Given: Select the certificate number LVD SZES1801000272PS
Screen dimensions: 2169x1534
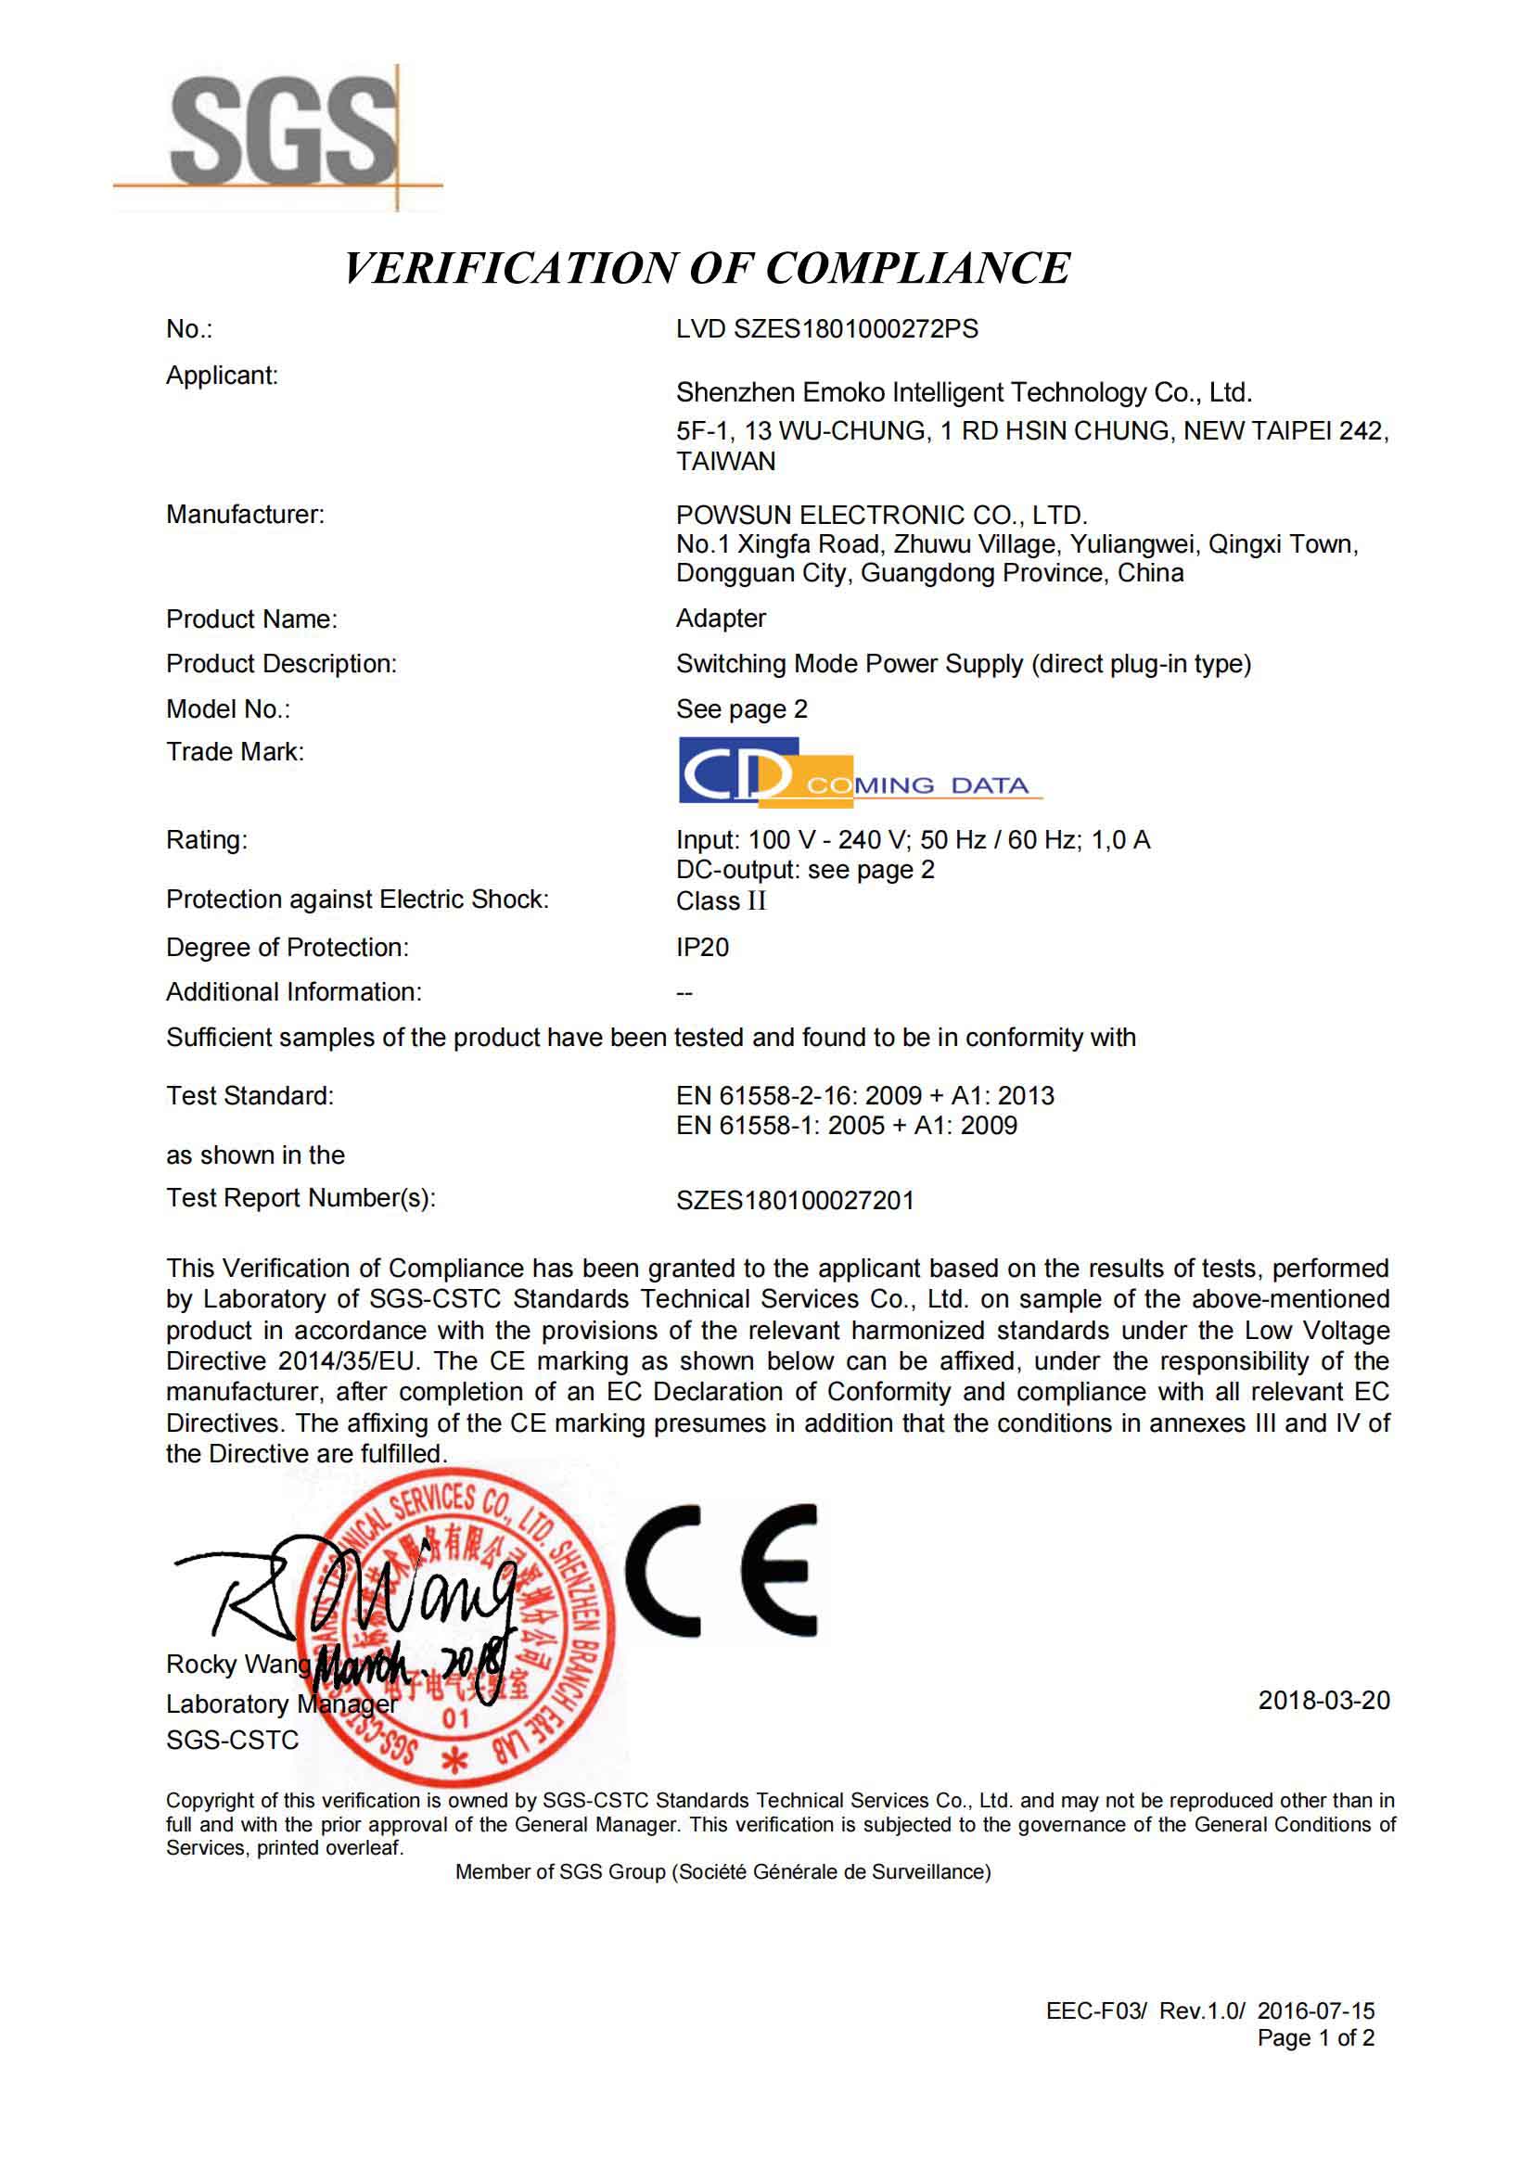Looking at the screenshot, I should click(826, 329).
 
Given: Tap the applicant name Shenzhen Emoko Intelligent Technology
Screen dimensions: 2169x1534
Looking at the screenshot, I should click(964, 392).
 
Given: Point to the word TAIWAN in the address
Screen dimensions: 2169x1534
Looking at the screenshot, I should click(725, 461).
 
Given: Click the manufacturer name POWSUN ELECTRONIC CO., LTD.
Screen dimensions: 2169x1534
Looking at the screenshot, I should click(881, 515).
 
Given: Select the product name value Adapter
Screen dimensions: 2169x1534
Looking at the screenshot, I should click(721, 618).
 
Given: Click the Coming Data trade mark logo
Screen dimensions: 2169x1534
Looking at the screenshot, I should click(860, 772).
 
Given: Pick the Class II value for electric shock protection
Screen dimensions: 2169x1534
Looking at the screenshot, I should click(721, 900).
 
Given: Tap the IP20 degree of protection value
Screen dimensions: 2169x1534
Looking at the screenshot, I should click(702, 947).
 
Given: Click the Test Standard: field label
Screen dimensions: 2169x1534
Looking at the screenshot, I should click(249, 1096).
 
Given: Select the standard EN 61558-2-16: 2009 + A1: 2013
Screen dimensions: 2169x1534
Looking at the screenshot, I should click(864, 1096).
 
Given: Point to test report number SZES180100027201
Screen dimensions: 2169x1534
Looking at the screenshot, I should click(795, 1201).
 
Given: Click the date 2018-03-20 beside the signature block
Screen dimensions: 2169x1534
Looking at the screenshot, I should click(1323, 1700).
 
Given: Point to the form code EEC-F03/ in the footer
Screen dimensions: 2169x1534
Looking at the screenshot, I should click(1095, 2010).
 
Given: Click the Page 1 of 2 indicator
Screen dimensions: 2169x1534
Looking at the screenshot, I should click(1315, 2037).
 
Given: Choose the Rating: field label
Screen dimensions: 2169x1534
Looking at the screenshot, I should click(206, 840).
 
